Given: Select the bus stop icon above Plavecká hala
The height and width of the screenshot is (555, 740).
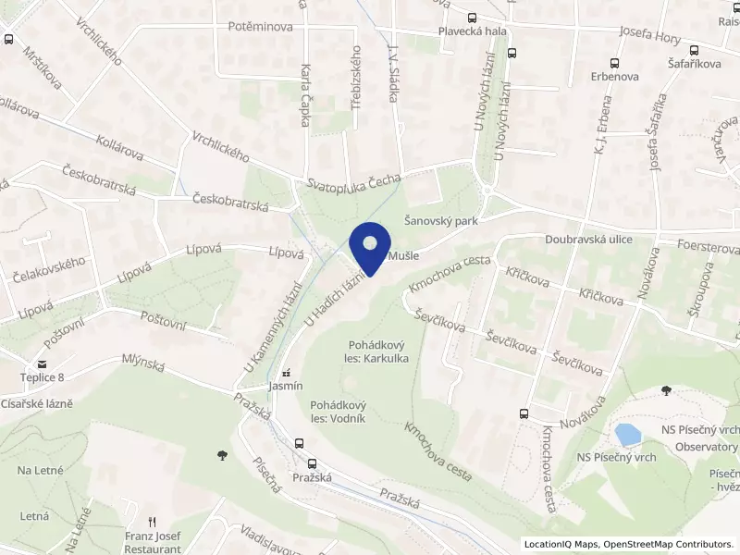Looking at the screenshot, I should click(473, 17).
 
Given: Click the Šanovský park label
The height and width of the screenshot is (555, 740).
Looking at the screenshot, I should click(440, 221).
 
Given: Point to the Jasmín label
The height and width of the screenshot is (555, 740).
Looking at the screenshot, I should click(285, 386).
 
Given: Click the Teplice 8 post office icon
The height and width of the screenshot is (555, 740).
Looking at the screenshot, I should click(43, 364).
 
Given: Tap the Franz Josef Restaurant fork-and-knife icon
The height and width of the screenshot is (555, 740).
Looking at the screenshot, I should click(154, 522).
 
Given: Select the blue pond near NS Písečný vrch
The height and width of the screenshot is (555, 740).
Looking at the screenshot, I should click(629, 434).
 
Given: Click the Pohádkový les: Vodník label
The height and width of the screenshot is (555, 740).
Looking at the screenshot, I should click(339, 412).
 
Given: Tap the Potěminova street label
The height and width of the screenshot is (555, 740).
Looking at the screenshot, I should click(260, 27).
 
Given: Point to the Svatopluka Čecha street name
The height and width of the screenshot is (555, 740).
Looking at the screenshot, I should click(356, 180).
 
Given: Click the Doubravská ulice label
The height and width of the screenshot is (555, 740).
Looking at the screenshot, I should click(594, 239).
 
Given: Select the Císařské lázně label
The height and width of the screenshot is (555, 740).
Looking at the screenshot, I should click(36, 403).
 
